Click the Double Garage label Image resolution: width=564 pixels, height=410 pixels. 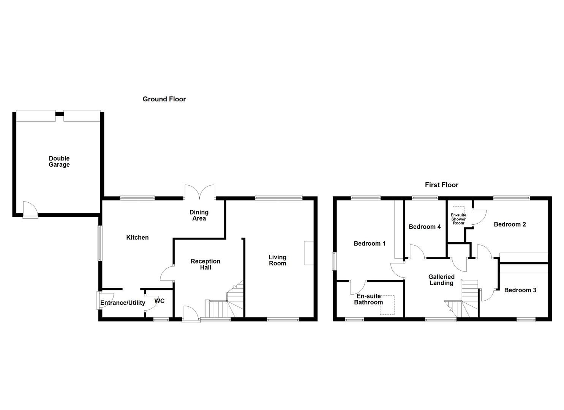coord(59,162)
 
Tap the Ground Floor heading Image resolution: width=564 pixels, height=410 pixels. coord(164,99)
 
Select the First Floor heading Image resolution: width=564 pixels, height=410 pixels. coord(442,185)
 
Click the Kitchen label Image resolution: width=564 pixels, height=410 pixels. coord(137,238)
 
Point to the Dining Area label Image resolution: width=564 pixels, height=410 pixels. coord(199,215)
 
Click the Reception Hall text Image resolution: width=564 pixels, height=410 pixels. coord(205,264)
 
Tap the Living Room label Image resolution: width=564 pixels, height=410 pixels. coord(277,260)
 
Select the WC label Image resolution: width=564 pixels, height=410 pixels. coord(160,301)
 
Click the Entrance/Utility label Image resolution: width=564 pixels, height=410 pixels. coord(123,303)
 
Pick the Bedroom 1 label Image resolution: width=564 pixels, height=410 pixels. coord(370,243)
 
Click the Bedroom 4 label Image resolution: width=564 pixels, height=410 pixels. coord(425,227)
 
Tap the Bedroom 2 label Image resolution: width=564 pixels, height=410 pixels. coord(510,224)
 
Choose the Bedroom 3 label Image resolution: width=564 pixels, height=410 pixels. coord(520,290)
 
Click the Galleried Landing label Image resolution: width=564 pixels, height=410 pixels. coord(441,280)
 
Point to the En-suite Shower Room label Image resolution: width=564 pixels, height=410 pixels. coord(458,219)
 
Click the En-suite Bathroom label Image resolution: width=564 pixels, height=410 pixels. coord(368,299)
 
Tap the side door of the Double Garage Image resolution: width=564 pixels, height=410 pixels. coord(30,210)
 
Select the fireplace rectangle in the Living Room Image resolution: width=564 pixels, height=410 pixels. coord(309,253)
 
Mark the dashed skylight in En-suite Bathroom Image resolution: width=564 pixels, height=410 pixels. coord(387,305)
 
